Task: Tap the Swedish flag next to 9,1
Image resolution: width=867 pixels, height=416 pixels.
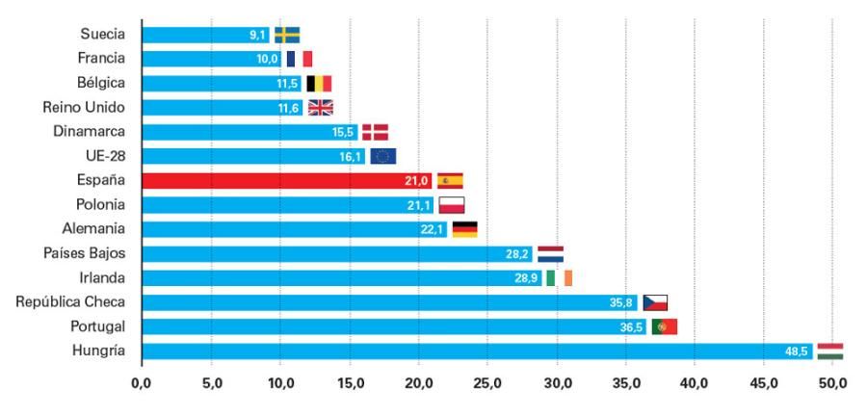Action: click(287, 35)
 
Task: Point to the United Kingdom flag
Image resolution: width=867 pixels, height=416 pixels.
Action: click(320, 108)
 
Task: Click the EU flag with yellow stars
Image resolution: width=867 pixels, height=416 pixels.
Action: click(382, 156)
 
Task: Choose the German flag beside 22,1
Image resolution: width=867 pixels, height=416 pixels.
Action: click(464, 229)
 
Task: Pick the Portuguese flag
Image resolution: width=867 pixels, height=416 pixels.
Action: click(665, 327)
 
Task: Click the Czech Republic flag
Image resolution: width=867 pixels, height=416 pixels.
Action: click(655, 302)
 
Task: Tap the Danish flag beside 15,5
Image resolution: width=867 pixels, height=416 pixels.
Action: click(375, 132)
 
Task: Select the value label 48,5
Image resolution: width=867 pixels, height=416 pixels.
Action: click(797, 351)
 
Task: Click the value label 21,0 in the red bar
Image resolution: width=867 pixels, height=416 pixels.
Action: click(417, 181)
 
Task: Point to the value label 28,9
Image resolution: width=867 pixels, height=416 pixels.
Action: click(527, 278)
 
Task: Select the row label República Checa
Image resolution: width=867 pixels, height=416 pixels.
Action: click(70, 302)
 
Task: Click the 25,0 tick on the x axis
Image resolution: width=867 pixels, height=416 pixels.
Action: click(487, 383)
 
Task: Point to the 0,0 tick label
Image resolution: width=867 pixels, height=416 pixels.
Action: click(142, 383)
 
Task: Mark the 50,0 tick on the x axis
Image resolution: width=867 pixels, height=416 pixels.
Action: click(832, 383)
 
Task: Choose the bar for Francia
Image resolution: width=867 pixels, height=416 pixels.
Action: click(211, 59)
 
